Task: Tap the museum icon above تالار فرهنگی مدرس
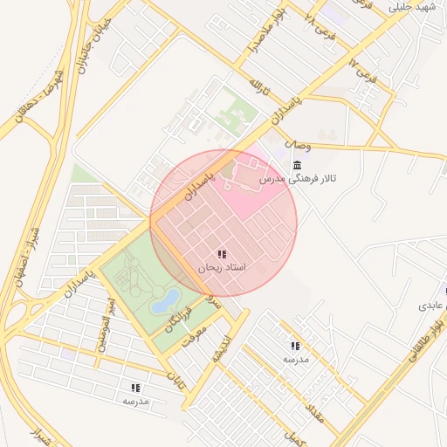(x=299, y=166)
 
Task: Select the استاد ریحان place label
(x=222, y=267)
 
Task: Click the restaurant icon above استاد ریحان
(x=222, y=254)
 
